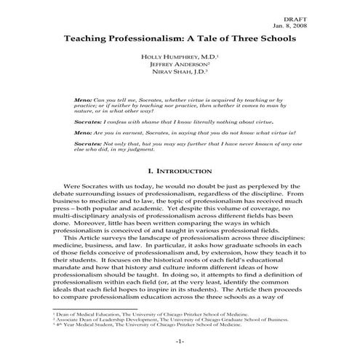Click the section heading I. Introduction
coord(180,172)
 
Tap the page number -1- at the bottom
coord(180,341)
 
